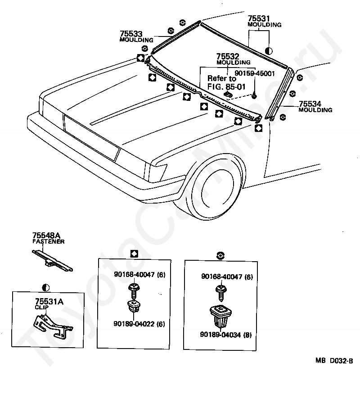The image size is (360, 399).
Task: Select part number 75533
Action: point(131,34)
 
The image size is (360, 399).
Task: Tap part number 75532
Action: point(227,56)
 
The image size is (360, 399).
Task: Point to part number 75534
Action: point(310,104)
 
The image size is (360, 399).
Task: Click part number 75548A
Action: point(46,236)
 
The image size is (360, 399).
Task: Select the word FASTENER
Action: point(48,242)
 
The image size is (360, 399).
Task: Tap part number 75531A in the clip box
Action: point(49,302)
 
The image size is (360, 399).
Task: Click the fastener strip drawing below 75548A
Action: point(51,261)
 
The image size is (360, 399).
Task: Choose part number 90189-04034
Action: point(221,335)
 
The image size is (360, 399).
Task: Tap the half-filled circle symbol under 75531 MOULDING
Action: point(269,50)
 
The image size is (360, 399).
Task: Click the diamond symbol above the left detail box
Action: point(134,253)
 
